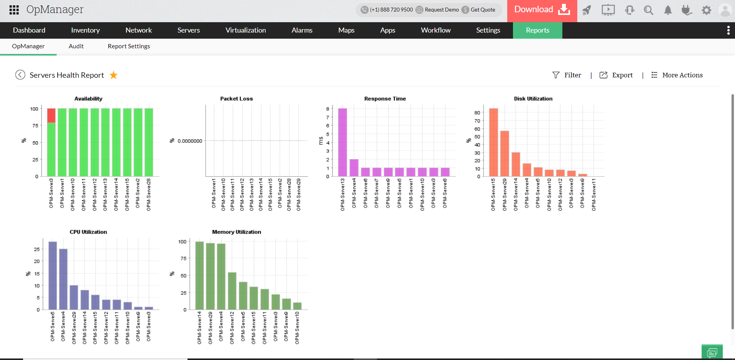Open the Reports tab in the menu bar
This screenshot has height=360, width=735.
click(537, 30)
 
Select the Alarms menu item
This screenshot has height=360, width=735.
click(302, 30)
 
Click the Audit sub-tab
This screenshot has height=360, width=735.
click(76, 46)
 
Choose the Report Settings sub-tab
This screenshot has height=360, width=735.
click(129, 46)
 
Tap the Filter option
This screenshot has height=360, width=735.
click(567, 75)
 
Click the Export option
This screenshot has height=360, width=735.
click(616, 75)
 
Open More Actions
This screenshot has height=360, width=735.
click(677, 75)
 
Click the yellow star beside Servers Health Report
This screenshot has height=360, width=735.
click(114, 75)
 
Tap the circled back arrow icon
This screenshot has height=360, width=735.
click(20, 75)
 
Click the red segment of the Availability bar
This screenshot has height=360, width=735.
click(51, 115)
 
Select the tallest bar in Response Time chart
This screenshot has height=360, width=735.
click(343, 142)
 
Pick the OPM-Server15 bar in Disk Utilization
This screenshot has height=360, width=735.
click(493, 142)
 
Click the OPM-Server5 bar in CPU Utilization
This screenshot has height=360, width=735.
click(53, 275)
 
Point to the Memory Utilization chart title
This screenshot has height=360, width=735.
click(237, 232)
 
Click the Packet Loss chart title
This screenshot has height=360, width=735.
click(237, 99)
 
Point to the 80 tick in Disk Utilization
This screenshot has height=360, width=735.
click(477, 113)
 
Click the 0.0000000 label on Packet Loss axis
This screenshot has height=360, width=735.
click(190, 141)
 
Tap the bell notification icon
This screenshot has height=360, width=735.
click(668, 10)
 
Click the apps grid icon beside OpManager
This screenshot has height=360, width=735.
click(14, 10)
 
